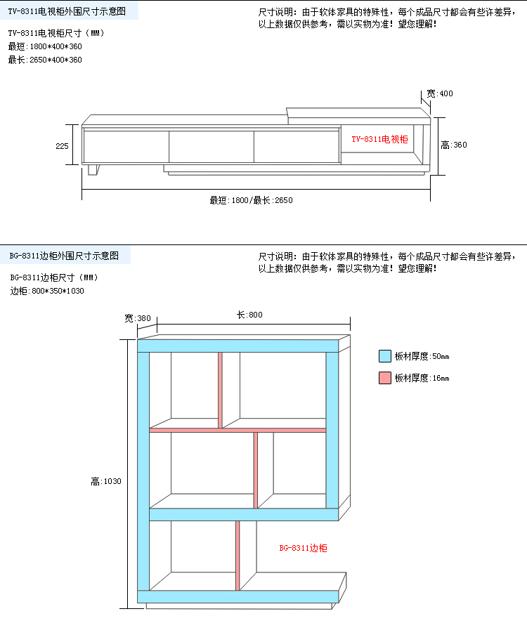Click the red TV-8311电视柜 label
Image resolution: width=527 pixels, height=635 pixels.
point(379,139)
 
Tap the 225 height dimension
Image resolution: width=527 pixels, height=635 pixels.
point(62,146)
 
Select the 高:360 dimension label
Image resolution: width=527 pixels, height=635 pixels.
point(454,145)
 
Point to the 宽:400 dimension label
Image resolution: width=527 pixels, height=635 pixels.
point(439,93)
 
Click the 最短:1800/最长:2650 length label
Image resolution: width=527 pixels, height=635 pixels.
point(251,200)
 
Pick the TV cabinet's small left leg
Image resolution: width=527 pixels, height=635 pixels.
point(93,170)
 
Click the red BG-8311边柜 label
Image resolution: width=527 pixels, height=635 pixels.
point(303,548)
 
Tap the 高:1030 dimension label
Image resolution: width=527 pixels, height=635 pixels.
point(105,481)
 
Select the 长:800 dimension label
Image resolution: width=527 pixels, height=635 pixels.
point(249,315)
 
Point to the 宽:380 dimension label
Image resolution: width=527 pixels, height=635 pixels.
point(137,318)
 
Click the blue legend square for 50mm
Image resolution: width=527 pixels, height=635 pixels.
point(385,356)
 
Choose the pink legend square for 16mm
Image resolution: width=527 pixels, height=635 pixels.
point(385,378)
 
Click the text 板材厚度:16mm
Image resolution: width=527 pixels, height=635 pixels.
point(422,378)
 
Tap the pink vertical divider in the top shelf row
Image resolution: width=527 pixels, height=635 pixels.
point(221,390)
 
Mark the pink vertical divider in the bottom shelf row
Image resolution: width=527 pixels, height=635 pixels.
point(238,556)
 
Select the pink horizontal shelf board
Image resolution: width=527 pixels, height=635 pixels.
point(238,430)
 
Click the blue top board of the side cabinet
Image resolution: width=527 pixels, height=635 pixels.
point(238,346)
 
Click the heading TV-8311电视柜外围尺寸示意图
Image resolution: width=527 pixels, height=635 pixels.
point(67,11)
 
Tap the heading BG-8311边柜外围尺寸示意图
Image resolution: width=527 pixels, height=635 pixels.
point(64,256)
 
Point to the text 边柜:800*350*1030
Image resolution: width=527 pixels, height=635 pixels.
point(47,291)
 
